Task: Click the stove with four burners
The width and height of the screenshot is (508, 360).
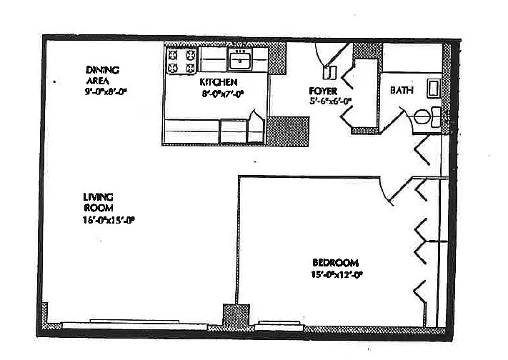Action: point(181,61)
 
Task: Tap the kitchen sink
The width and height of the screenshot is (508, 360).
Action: point(241,60)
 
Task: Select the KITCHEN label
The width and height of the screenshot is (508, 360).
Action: point(218,82)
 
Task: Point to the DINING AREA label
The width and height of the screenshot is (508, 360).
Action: point(101,75)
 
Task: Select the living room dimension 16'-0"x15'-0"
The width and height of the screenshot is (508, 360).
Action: point(109,220)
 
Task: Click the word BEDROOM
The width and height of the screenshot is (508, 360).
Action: point(334,262)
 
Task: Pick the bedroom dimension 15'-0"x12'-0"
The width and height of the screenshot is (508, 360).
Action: point(337,274)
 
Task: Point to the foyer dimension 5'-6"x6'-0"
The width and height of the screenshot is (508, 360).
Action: point(330,101)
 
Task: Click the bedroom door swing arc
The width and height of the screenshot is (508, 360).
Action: point(390,190)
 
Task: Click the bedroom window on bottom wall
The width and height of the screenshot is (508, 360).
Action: point(278,323)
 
